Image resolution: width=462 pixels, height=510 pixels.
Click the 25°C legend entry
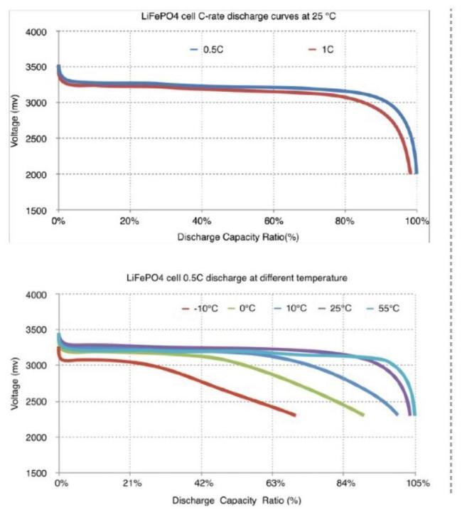click(351, 309)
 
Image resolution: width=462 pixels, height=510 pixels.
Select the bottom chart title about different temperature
click(237, 278)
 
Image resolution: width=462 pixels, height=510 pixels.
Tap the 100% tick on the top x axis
click(418, 222)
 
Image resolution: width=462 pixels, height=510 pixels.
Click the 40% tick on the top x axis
click(202, 222)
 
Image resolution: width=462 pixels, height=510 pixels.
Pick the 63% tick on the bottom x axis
click(274, 484)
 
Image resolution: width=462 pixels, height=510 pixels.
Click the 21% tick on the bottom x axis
click(131, 484)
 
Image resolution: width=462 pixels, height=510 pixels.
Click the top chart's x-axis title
click(237, 237)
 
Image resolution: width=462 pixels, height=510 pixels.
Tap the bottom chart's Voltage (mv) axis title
click(15, 384)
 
